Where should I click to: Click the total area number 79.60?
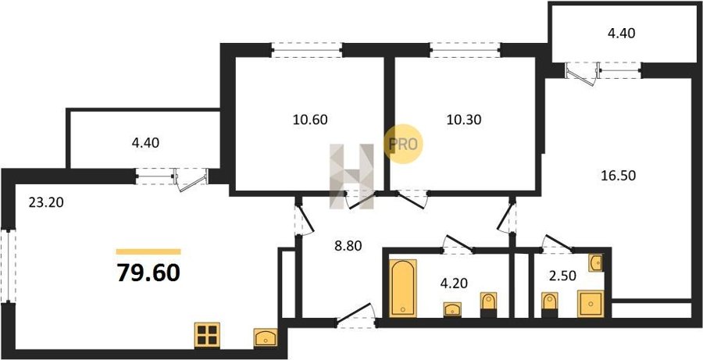pos(148,273)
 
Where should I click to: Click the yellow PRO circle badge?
pos(405,144)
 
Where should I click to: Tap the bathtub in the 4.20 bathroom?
pos(403,287)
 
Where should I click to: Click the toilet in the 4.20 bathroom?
pos(488,304)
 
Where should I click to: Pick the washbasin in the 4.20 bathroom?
pos(452,310)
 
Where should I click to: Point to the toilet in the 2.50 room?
pos(548,304)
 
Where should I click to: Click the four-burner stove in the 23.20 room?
pos(208,335)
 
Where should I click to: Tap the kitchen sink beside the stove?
pos(266,338)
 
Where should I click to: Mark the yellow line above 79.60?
pos(148,251)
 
